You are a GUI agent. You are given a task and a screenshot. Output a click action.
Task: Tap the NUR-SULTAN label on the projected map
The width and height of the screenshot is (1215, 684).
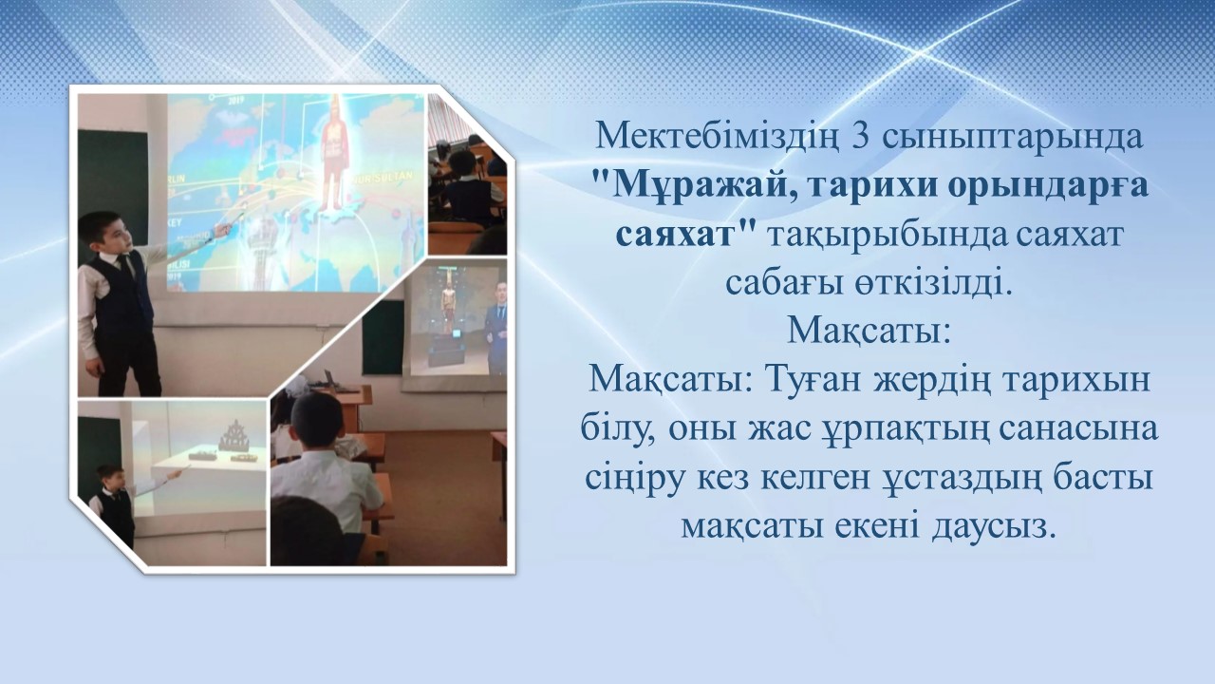383,177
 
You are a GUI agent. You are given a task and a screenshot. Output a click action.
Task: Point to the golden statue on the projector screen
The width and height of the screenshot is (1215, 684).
449,306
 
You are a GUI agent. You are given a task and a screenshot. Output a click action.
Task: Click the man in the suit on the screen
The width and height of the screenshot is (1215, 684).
495,332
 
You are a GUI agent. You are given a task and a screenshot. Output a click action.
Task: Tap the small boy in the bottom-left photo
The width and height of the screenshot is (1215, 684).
115,504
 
